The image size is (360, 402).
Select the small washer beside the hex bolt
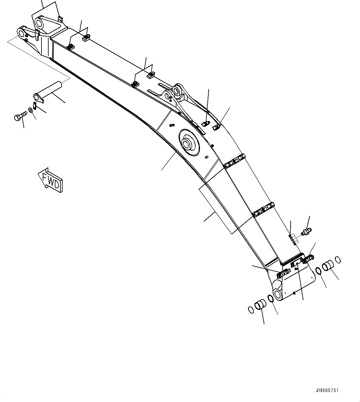(30, 110)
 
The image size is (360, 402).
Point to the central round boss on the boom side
(187, 143)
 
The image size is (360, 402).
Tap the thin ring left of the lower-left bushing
(251, 309)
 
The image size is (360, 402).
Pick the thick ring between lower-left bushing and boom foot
(270, 298)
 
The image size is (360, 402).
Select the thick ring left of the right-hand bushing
(318, 271)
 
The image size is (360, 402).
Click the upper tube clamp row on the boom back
(235, 161)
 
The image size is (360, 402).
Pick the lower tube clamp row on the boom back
(263, 210)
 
